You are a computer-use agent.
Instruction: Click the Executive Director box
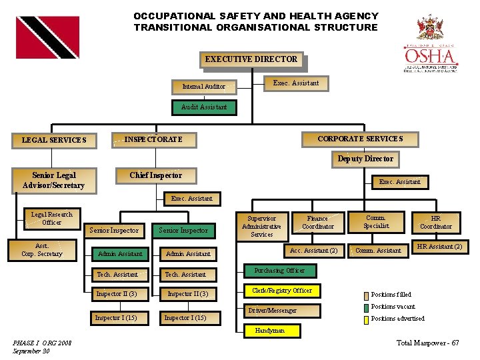251,60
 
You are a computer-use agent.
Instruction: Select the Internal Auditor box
204,86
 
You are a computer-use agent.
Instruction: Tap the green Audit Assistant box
204,107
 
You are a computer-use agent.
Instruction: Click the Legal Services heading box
54,140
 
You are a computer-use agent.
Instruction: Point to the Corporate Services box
360,139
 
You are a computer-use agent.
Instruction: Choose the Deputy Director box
365,159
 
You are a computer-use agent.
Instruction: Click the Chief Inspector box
155,175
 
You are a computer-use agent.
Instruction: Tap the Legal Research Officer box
52,219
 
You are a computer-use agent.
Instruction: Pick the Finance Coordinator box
317,222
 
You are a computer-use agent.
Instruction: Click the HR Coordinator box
436,222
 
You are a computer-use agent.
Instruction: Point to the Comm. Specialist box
376,221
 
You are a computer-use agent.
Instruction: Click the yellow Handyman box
270,330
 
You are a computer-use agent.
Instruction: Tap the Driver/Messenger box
273,311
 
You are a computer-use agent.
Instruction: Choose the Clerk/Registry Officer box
282,291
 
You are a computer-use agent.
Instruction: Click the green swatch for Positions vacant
365,307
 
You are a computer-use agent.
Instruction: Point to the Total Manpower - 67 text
427,343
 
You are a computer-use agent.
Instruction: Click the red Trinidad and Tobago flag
47,37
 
